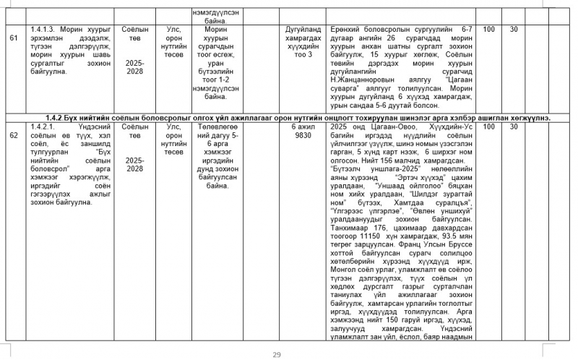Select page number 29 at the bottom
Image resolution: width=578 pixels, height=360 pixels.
[x=276, y=354]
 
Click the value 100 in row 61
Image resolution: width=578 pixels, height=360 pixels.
[x=489, y=30]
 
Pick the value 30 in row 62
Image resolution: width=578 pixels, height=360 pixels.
[x=514, y=127]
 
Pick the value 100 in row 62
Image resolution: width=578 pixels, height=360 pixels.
[x=489, y=127]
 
